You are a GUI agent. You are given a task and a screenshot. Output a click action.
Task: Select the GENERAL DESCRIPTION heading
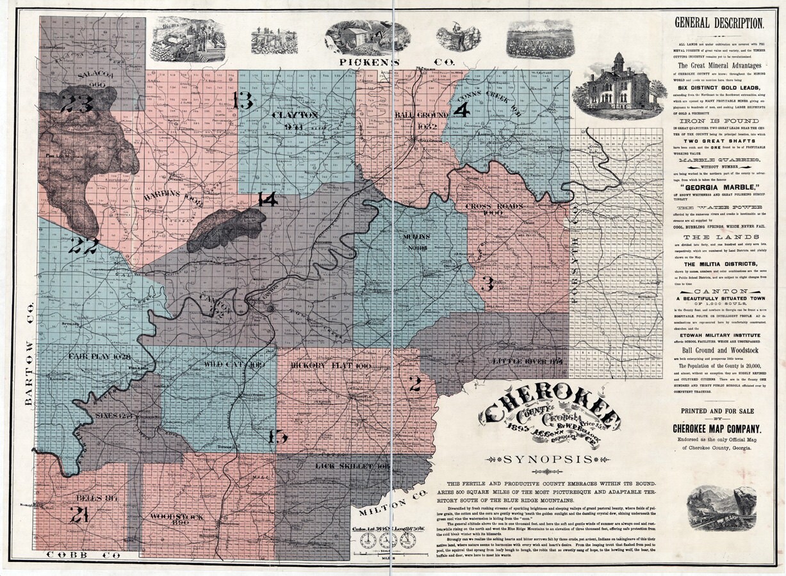tap(719, 24)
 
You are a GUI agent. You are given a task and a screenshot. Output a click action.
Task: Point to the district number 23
tap(77, 104)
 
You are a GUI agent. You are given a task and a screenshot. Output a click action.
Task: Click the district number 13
tap(243, 100)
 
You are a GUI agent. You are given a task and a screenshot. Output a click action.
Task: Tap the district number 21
tap(79, 514)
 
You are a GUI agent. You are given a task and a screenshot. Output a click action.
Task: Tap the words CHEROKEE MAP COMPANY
tap(716, 429)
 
